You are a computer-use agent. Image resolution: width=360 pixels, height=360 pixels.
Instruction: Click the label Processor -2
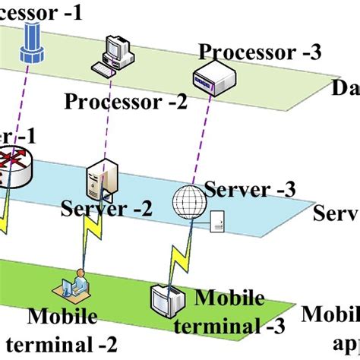point(126,101)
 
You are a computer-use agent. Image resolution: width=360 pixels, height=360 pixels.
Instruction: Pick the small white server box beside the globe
point(216,222)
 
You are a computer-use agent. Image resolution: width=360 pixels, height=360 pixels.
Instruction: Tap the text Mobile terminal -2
point(71,330)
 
